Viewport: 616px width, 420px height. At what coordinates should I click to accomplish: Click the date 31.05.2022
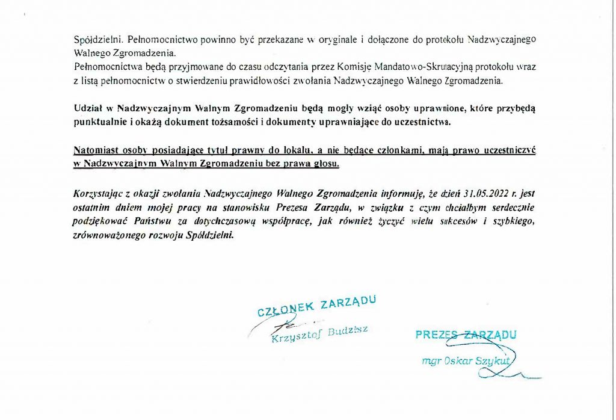tap(488, 194)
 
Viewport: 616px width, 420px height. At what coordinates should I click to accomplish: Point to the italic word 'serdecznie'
tap(510, 207)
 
